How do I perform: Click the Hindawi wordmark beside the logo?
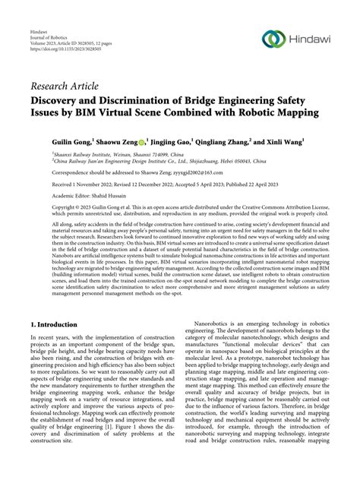pos(311,39)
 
